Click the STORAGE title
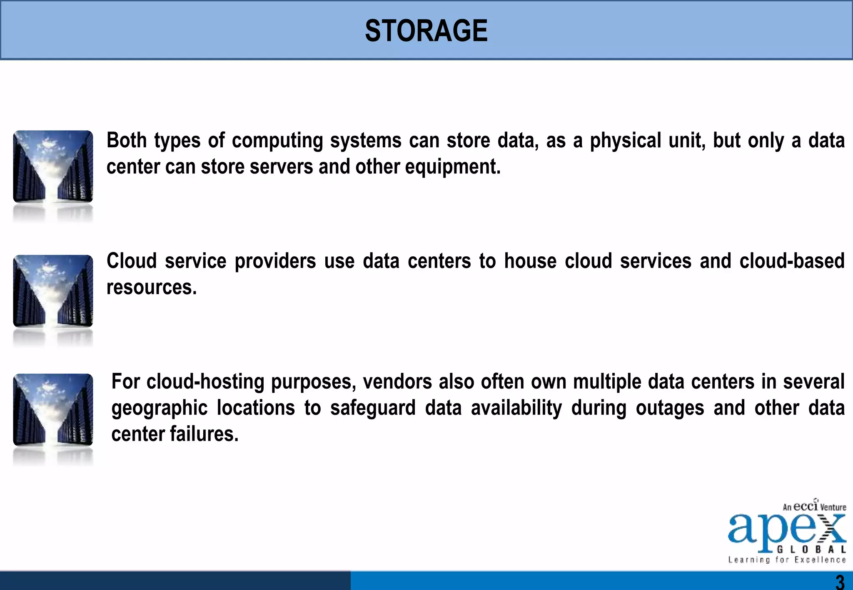pos(426,31)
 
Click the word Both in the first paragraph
pos(126,140)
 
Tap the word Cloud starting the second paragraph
pos(131,261)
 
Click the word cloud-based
pos(792,261)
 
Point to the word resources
pos(151,288)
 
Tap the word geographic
pos(159,408)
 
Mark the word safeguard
pos(373,408)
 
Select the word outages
pos(670,408)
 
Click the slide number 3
pos(840,581)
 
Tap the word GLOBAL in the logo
pos(811,549)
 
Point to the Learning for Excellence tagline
pos(787,560)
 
